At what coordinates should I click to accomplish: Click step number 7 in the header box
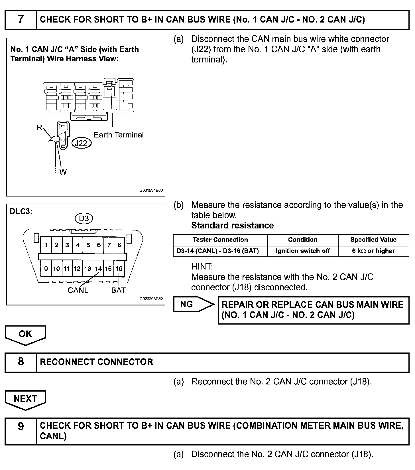tap(21, 20)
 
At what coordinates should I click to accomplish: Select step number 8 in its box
tap(21, 362)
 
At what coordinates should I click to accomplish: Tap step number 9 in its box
tap(21, 426)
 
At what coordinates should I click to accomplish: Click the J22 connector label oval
tap(81, 143)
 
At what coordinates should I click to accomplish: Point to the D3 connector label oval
tap(84, 219)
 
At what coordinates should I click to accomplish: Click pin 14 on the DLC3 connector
tap(98, 269)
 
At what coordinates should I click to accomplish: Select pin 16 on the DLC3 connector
tap(119, 269)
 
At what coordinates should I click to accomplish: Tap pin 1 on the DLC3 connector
tap(46, 245)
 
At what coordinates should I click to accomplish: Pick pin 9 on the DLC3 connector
tap(46, 269)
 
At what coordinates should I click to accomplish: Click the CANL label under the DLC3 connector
tap(78, 290)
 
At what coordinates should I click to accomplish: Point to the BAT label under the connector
tap(118, 290)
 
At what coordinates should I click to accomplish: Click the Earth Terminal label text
tap(119, 135)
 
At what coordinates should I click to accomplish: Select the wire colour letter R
tap(40, 128)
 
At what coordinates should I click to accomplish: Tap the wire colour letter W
tap(63, 172)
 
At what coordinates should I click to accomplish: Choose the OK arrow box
tap(25, 334)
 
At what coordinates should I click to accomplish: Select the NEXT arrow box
tap(25, 399)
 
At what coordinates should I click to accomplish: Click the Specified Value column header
tap(373, 240)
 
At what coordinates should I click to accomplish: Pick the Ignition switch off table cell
tap(302, 251)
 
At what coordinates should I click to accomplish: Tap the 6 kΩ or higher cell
tap(373, 251)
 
